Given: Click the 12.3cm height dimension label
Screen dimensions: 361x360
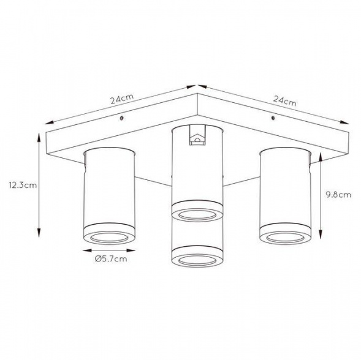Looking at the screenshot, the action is coord(23,185).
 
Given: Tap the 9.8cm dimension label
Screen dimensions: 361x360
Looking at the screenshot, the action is coord(338,195).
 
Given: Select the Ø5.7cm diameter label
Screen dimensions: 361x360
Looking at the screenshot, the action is coord(111,259).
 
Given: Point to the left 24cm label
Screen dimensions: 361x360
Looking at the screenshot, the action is coord(122,99).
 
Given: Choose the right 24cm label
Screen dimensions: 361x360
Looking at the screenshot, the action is coord(285,101).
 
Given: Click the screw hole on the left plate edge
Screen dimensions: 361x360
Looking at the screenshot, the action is coord(121,118).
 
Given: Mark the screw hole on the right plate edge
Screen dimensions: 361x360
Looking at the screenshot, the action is coord(273,118).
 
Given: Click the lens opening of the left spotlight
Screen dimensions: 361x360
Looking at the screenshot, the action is coord(109,238).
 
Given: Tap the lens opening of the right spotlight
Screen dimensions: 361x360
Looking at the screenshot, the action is coord(285,238).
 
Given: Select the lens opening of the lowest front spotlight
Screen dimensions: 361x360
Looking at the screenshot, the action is coord(197,261).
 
